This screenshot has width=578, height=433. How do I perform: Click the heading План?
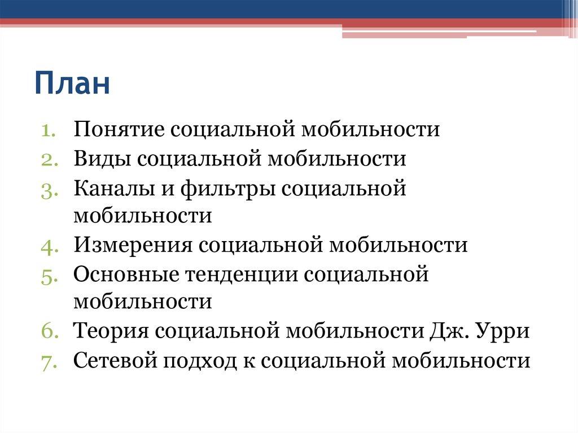(x=72, y=83)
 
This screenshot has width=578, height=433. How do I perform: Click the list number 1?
(x=47, y=130)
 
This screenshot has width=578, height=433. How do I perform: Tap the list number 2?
(x=47, y=159)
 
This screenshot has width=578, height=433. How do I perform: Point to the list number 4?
(x=47, y=246)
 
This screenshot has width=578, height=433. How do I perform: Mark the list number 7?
(x=47, y=361)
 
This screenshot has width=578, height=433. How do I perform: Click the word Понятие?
(x=119, y=130)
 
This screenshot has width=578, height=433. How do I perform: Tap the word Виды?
(x=102, y=159)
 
